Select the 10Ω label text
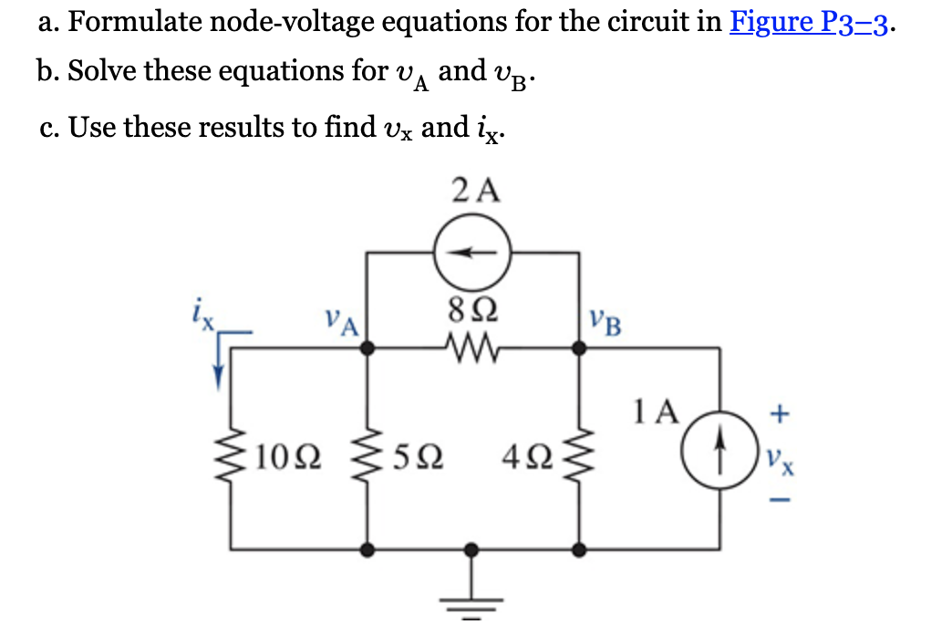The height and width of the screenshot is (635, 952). tap(286, 453)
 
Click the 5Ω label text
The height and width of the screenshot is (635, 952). tap(419, 453)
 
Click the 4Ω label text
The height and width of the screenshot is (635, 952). tap(528, 453)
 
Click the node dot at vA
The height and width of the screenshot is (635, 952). tap(367, 348)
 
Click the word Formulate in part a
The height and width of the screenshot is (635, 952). tap(128, 21)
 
